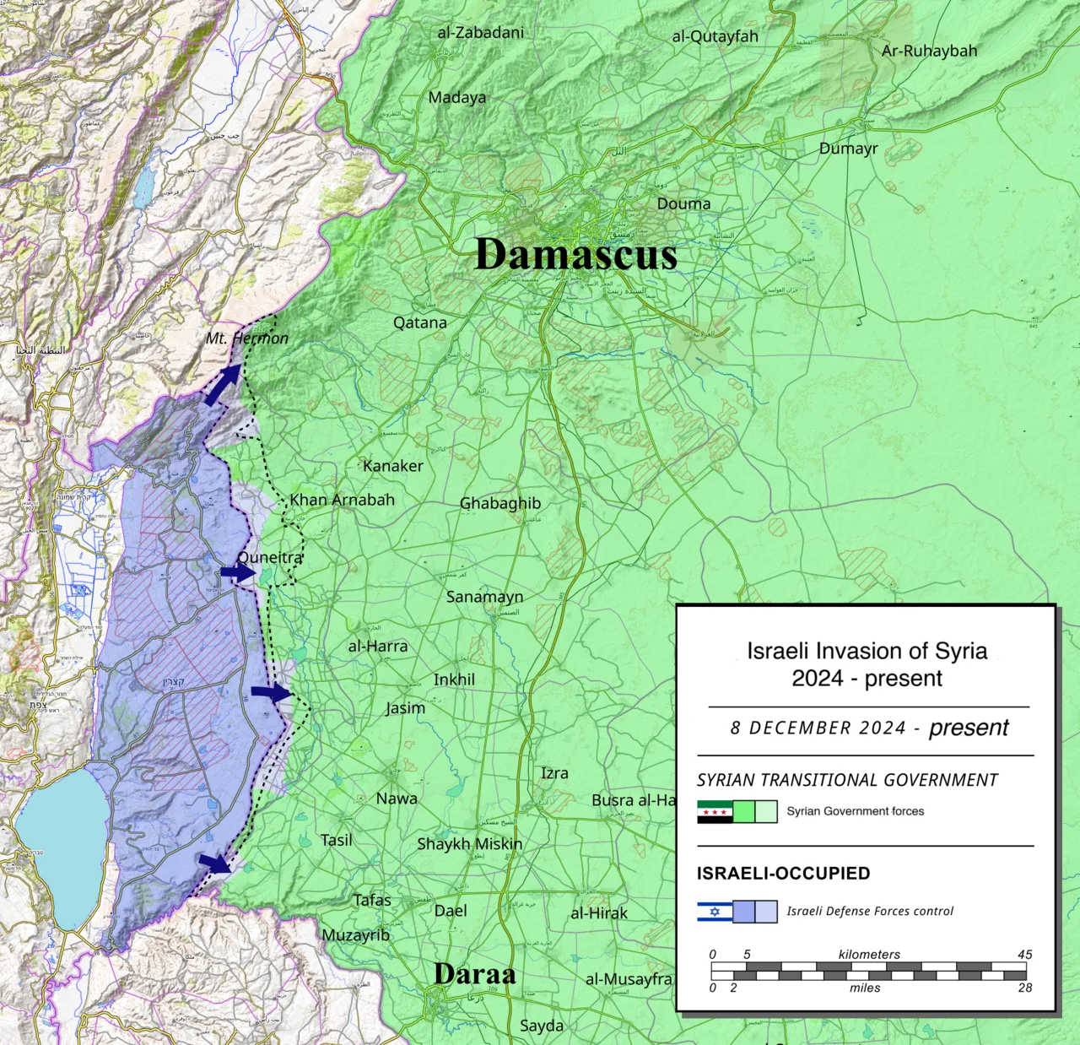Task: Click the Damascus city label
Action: coord(576,254)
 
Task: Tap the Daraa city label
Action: coord(474,974)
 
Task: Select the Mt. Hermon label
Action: coord(247,338)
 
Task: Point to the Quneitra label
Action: coord(270,558)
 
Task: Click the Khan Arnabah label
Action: coord(342,500)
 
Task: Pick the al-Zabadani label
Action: coord(480,33)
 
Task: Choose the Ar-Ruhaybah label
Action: coord(929,51)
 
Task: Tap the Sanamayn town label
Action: coord(484,597)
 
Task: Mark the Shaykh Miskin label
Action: coord(469,844)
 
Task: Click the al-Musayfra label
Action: coord(629,979)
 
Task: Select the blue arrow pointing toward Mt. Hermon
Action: coord(222,386)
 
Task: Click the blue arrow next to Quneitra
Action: coord(238,573)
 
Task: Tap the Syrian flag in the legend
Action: coord(714,812)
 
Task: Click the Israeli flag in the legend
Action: coord(714,912)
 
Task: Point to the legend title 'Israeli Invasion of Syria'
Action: coord(867,651)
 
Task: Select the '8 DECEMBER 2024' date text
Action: coord(818,728)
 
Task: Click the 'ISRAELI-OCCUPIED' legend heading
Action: coord(783,874)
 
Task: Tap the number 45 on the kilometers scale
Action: coord(1024,955)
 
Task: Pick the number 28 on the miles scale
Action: coord(1024,988)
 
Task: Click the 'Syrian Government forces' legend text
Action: coord(855,811)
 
